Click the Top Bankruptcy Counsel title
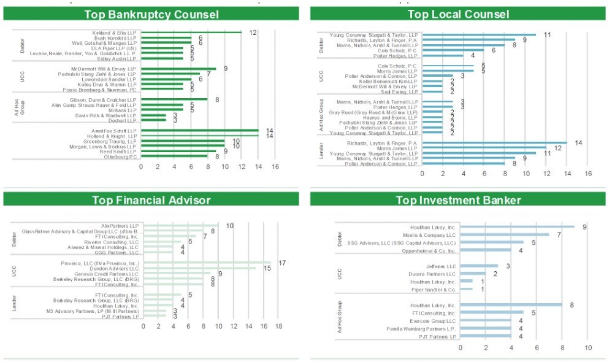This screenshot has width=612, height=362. (x=151, y=14)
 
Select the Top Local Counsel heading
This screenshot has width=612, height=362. (x=458, y=14)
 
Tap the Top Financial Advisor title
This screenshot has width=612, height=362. (x=151, y=199)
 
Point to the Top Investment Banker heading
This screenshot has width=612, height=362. (x=458, y=199)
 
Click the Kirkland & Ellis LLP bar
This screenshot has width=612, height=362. (x=191, y=33)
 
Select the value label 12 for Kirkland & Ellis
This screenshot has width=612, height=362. (x=253, y=33)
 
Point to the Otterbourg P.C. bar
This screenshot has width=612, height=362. (x=174, y=156)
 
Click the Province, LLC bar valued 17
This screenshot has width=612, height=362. (x=206, y=263)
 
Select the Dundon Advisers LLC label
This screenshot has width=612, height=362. (x=115, y=268)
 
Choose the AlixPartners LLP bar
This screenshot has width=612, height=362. (x=180, y=226)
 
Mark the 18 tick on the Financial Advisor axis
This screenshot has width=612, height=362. (x=278, y=326)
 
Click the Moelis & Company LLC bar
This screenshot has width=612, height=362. (x=505, y=234)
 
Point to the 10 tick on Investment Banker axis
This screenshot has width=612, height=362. (x=588, y=348)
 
